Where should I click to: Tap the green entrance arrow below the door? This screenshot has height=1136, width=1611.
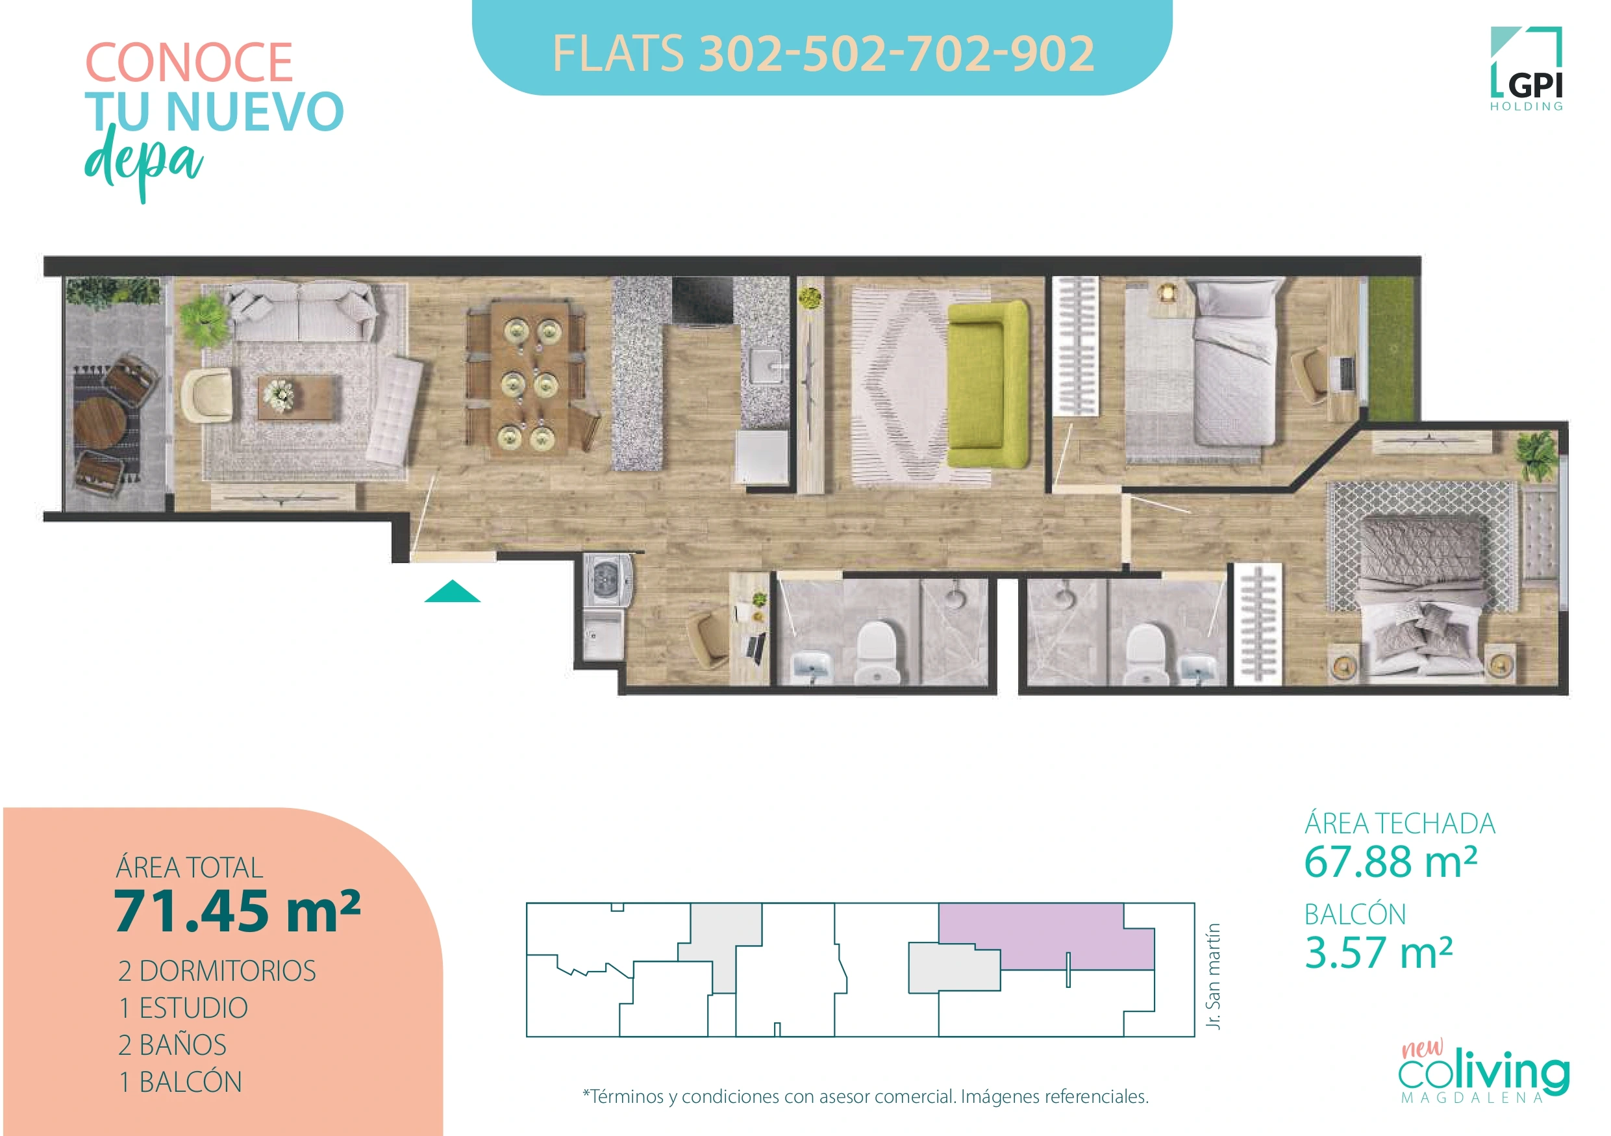click(452, 593)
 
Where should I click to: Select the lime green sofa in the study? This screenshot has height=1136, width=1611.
click(988, 385)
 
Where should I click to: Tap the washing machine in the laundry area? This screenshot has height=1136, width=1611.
click(608, 579)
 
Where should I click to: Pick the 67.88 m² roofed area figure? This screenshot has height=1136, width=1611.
click(1391, 862)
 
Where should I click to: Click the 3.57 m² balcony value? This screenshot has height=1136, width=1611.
click(1378, 953)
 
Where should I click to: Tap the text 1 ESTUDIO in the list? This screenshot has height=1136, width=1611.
click(183, 1008)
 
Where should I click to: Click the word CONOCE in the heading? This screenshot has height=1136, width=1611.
click(189, 63)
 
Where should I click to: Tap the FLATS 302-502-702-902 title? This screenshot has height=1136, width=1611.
click(822, 53)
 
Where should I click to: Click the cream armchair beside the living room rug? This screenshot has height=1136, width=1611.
click(206, 395)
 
